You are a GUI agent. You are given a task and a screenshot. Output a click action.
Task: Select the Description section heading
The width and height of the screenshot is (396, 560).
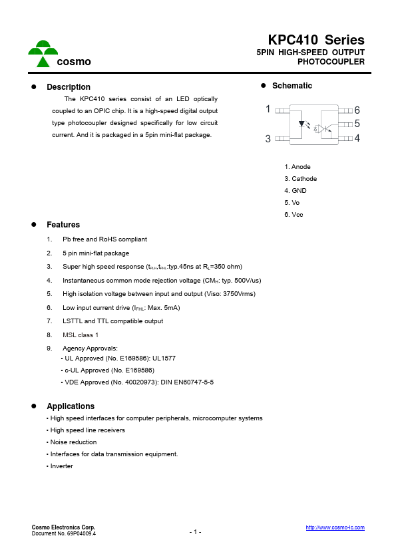click(68, 87)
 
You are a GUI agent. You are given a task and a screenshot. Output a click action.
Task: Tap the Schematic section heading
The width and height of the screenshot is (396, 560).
click(292, 86)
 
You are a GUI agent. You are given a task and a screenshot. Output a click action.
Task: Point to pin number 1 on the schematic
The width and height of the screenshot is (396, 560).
click(268, 109)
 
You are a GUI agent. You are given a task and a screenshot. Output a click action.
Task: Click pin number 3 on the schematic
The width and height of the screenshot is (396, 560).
click(268, 138)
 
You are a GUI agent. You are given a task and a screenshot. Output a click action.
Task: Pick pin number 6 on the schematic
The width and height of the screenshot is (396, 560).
click(357, 110)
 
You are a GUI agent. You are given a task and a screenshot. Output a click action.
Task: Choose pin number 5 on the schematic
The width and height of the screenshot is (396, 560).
click(357, 124)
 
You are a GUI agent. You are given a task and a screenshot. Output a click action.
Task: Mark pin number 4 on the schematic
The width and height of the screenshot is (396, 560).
click(357, 138)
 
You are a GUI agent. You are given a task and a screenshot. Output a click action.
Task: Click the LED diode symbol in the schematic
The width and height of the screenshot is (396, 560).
click(303, 124)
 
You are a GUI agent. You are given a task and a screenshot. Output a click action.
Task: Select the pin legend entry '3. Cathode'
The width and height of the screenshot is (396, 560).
click(300, 179)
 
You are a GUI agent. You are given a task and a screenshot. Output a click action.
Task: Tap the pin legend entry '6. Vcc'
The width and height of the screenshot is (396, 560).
click(294, 215)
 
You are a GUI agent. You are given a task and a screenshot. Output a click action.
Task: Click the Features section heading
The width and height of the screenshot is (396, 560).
click(63, 225)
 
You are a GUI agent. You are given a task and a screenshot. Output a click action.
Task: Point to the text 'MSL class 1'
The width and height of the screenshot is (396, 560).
click(81, 335)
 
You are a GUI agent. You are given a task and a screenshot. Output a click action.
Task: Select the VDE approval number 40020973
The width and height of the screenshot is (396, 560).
click(141, 382)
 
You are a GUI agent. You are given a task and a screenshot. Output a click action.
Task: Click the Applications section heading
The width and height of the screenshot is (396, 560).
click(71, 406)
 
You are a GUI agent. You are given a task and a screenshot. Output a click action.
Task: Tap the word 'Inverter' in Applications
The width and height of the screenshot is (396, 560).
click(61, 466)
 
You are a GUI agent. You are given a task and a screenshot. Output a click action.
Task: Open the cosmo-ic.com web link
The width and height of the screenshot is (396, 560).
click(335, 527)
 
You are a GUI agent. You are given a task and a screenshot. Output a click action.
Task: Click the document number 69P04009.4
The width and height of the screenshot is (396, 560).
click(79, 533)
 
